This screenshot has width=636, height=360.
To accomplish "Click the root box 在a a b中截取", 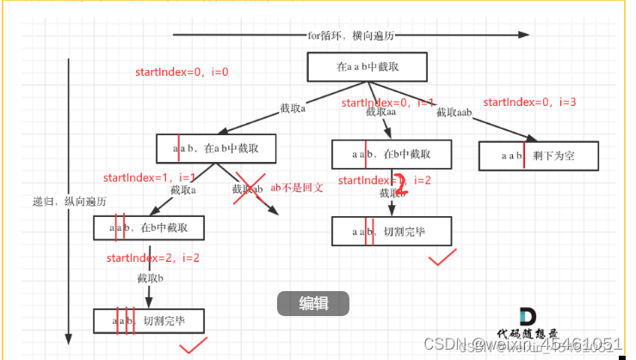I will click(368, 67).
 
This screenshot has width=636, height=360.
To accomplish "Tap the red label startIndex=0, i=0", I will click(182, 72).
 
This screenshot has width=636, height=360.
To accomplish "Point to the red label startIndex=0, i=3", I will click(529, 102).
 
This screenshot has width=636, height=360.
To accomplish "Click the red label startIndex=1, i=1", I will click(150, 177).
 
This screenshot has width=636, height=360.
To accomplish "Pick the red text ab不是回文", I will click(296, 187).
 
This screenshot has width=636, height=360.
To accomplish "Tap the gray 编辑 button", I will click(312, 303).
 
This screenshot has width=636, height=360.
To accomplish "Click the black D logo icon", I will click(528, 317).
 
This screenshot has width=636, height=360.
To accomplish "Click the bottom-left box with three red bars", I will click(149, 320).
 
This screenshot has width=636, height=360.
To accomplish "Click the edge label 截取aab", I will click(454, 113).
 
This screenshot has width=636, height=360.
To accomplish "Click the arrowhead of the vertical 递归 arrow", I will click(68, 338).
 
